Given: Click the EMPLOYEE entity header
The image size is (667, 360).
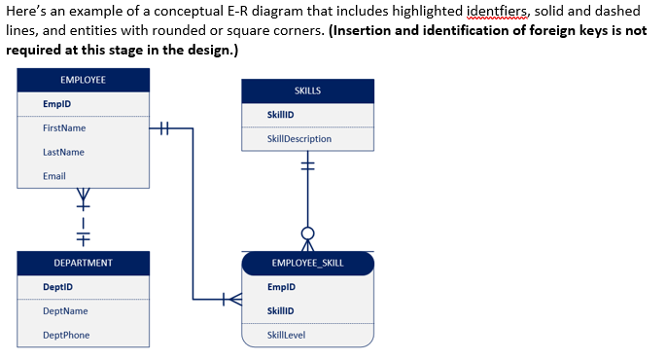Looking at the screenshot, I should [x=84, y=79].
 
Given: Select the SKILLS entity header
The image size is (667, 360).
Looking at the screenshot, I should [x=307, y=90].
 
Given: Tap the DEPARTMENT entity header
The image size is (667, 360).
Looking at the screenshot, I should [x=84, y=263].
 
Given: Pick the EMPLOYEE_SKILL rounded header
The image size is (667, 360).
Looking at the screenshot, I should [x=307, y=263].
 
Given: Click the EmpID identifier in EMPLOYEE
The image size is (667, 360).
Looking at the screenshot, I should [x=57, y=104].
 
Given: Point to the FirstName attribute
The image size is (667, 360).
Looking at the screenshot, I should [x=64, y=128].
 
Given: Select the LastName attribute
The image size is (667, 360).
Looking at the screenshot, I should [x=63, y=152].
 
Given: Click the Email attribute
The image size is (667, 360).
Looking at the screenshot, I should [x=54, y=176].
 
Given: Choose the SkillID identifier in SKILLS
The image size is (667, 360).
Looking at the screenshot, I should [x=281, y=115].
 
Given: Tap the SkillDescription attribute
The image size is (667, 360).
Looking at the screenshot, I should [x=299, y=139].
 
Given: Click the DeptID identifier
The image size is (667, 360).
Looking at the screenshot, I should [x=58, y=287].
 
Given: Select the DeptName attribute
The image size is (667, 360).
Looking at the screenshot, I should [x=65, y=311].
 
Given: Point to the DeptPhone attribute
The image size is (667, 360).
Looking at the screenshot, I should [x=66, y=336].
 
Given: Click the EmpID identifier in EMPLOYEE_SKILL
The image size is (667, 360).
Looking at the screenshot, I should [x=281, y=287].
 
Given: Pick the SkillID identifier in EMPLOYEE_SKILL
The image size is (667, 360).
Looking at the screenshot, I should [x=281, y=311].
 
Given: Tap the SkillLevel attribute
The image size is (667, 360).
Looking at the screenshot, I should [x=286, y=336].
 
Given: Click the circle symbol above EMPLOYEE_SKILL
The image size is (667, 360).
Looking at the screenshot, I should [x=308, y=234].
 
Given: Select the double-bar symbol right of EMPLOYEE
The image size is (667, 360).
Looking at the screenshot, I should [x=163, y=127].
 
